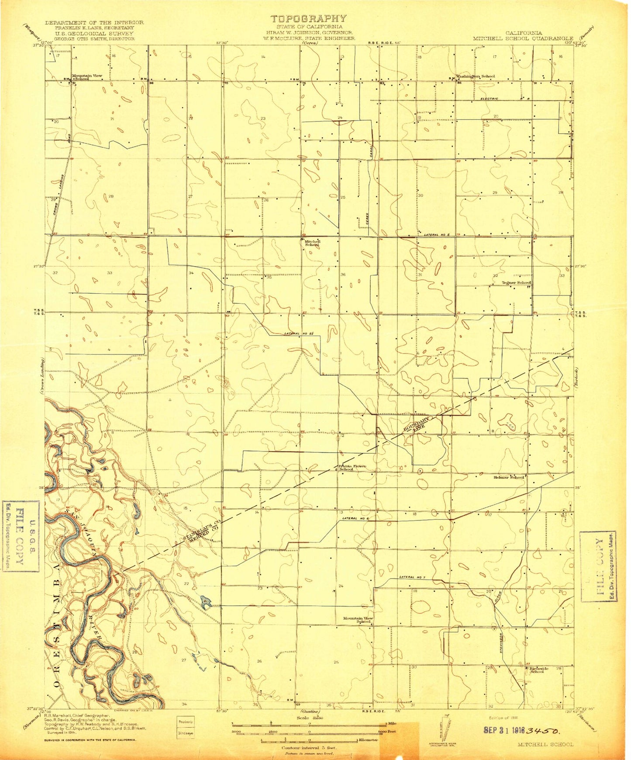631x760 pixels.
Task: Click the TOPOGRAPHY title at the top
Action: click(x=308, y=19)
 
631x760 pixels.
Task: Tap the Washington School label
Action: click(x=476, y=76)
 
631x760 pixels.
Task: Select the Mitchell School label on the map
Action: click(x=312, y=243)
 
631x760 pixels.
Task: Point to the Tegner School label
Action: click(x=516, y=283)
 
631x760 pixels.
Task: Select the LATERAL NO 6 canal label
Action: click(x=356, y=519)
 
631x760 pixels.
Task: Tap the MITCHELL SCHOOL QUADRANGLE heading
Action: click(x=523, y=38)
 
